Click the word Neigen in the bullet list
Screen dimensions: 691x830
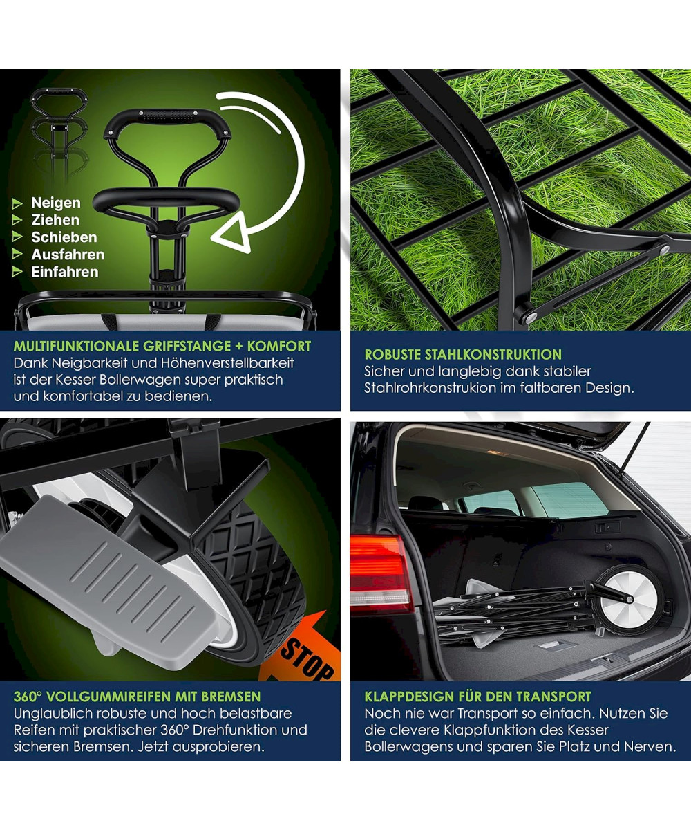tap(56, 203)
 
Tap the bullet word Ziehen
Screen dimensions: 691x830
tap(55, 220)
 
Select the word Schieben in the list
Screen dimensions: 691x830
tap(64, 237)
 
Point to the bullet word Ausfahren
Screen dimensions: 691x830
tap(68, 255)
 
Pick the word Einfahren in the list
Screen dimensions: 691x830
tap(65, 272)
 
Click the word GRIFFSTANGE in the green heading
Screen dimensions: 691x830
tap(187, 347)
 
